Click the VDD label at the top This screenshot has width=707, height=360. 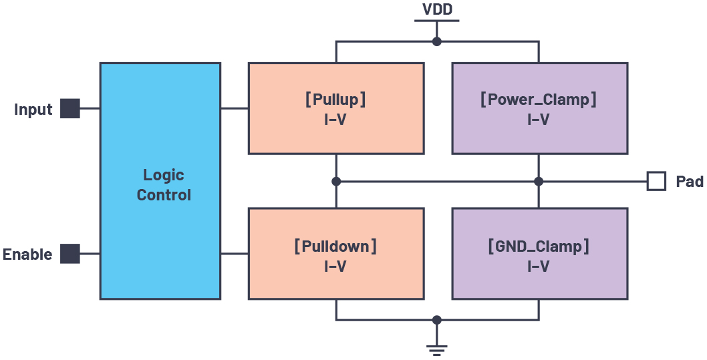pyautogui.click(x=436, y=9)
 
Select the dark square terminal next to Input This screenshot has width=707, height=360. pyautogui.click(x=70, y=108)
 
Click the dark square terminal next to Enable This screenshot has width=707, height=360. pyautogui.click(x=70, y=254)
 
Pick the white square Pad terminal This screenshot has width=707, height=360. pyautogui.click(x=656, y=181)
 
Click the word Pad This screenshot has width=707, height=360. pyautogui.click(x=689, y=182)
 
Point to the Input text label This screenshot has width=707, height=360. pyautogui.click(x=33, y=110)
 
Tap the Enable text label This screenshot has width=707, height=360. pyautogui.click(x=27, y=254)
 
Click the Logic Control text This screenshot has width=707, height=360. pyautogui.click(x=163, y=185)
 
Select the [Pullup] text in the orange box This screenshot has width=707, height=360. pyautogui.click(x=335, y=100)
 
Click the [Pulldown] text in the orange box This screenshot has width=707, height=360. pyautogui.click(x=335, y=246)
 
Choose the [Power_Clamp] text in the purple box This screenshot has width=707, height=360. pyautogui.click(x=539, y=100)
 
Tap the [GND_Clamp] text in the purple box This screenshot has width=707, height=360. pyautogui.click(x=539, y=246)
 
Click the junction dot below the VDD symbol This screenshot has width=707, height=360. pyautogui.click(x=436, y=41)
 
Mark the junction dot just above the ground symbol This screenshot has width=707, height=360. pyautogui.click(x=436, y=320)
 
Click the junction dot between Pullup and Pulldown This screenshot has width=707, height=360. pyautogui.click(x=336, y=181)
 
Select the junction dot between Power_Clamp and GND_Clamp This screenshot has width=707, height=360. pyautogui.click(x=539, y=181)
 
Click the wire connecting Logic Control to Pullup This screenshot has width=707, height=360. pyautogui.click(x=234, y=108)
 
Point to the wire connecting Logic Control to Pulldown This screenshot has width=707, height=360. pyautogui.click(x=234, y=254)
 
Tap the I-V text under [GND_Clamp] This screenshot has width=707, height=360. pyautogui.click(x=539, y=266)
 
